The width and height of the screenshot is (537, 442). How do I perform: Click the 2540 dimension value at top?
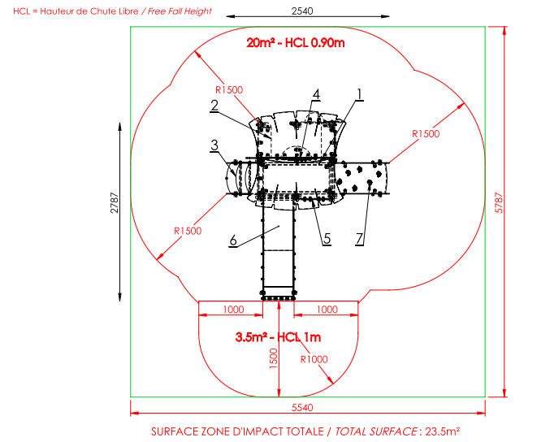302,11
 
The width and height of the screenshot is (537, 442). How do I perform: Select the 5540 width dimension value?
302,407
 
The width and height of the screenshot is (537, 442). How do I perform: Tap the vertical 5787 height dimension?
499,203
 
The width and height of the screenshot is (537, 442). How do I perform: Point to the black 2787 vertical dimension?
115,203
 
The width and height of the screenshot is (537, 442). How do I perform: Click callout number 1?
359,94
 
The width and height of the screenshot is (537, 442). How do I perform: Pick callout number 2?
214,105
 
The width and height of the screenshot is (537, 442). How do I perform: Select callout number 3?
214,145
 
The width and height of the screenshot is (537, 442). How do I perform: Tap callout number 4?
316,94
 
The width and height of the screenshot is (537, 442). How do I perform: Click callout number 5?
327,239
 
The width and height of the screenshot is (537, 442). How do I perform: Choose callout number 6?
233,240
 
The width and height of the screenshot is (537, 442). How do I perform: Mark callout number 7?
359,238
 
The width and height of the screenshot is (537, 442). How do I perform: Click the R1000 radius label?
314,359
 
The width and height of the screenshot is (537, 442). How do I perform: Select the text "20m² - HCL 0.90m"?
296,43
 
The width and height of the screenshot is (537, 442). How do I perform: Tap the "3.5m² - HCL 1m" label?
278,337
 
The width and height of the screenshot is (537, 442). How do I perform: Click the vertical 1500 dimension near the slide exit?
273,358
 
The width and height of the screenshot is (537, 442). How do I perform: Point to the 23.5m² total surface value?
443,431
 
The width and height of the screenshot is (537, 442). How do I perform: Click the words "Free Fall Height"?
180,11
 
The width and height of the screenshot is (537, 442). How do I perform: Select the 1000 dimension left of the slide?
234,310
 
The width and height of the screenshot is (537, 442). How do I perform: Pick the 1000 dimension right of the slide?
327,310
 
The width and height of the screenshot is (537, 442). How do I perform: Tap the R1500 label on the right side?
426,133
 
